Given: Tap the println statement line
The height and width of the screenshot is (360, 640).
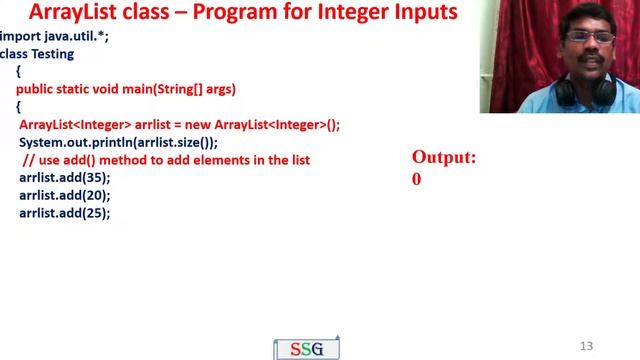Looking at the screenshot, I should coord(118,142).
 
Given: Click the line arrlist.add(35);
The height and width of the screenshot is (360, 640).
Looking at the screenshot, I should coord(64,177).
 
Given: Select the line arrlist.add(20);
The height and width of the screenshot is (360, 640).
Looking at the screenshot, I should coord(64,195).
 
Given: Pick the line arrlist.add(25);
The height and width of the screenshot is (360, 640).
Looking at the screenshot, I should coord(64,213).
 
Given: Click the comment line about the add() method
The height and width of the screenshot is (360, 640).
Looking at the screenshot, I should coord(165,160).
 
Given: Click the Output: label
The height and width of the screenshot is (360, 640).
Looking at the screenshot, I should coord(444,158).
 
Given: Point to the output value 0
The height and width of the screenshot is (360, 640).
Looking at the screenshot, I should coord(416,180).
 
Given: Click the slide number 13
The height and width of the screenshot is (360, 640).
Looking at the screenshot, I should coord(586,345).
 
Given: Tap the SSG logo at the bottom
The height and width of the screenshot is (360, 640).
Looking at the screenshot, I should coord(307,349).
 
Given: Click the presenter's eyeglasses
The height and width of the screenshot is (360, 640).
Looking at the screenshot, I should coord(575,38).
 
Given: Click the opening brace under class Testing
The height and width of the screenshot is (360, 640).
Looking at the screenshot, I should coord(18,72).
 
